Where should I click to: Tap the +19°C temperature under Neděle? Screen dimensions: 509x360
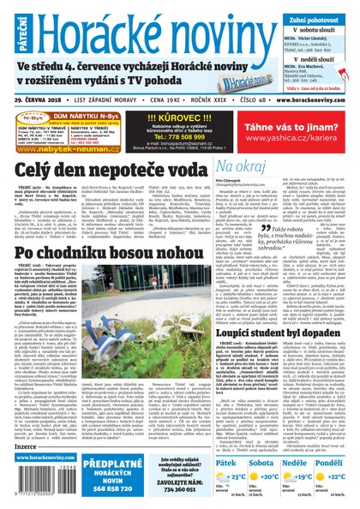[304, 455]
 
